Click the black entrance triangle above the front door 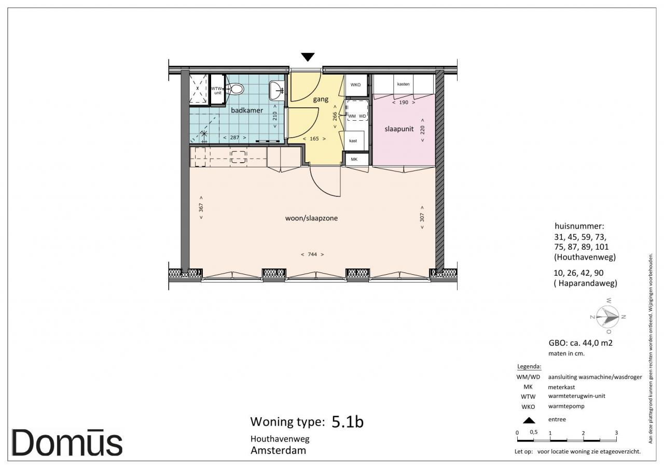[308, 56]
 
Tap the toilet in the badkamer [236, 89]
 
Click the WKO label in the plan [355, 84]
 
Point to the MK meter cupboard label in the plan [354, 159]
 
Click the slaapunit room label [399, 129]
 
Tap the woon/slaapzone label [311, 218]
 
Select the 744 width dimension [312, 254]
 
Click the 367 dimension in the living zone [201, 207]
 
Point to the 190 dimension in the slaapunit [404, 103]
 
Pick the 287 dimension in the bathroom [234, 137]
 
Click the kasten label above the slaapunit [403, 84]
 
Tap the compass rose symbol [607, 317]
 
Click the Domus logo [67, 443]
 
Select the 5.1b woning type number [348, 422]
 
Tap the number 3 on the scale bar [616, 433]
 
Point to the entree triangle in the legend [529, 420]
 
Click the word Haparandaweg [588, 283]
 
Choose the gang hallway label [321, 100]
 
